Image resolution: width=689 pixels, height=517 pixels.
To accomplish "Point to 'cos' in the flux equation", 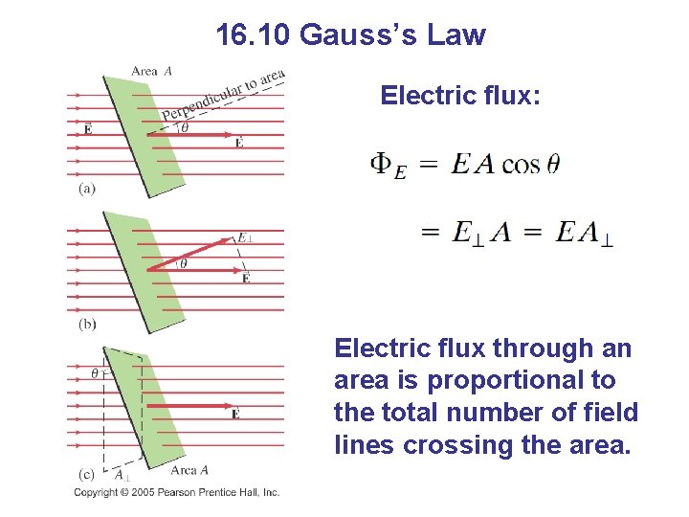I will pyautogui.click(x=521, y=165).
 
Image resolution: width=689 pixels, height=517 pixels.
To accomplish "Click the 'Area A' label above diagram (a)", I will pyautogui.click(x=151, y=70).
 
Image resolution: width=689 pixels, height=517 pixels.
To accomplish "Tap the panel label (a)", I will pyautogui.click(x=87, y=189).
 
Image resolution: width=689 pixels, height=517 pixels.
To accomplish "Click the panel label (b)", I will pyautogui.click(x=87, y=325).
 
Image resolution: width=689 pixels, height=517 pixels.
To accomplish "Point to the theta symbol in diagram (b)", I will pyautogui.click(x=184, y=263).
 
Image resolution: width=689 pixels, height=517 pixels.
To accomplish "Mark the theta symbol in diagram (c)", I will pyautogui.click(x=94, y=371).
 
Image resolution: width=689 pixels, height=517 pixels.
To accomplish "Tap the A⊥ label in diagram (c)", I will pyautogui.click(x=122, y=476).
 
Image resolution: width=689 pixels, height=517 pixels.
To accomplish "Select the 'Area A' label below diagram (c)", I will pyautogui.click(x=189, y=470).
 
